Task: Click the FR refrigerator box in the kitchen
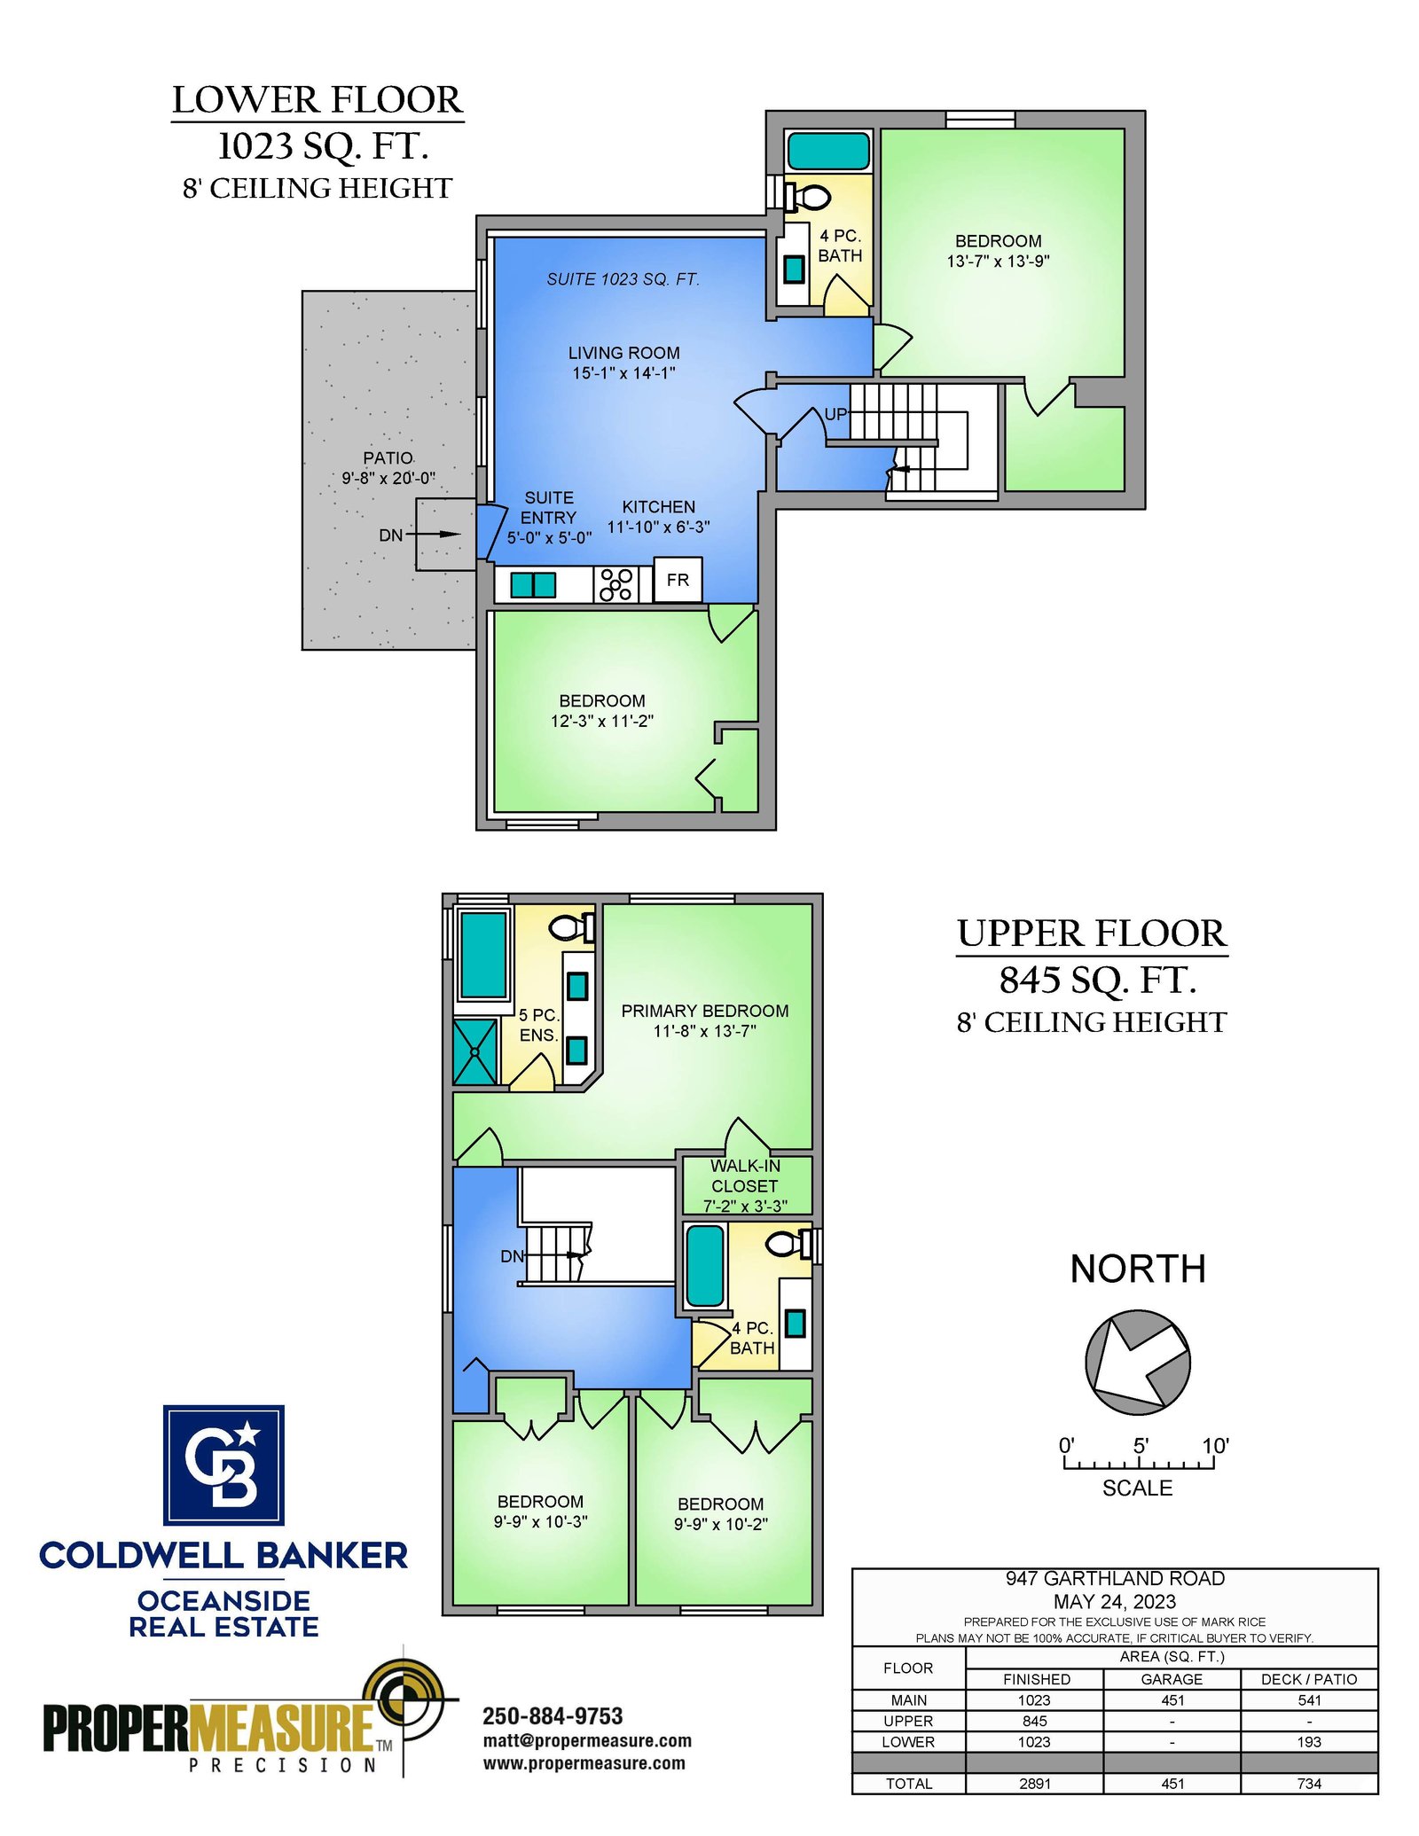[678, 580]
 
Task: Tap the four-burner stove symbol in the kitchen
[615, 584]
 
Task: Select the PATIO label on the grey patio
[388, 457]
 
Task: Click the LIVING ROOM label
[623, 353]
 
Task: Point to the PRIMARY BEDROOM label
[705, 1011]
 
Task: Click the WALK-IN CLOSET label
[745, 1176]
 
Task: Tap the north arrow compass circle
[1138, 1363]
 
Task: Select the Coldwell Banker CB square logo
[223, 1465]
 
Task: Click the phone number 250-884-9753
[553, 1715]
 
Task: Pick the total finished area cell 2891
[1034, 1783]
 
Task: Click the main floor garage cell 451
[1172, 1699]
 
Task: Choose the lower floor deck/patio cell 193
[1309, 1741]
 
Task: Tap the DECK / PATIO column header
[1309, 1679]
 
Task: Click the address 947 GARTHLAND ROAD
[1115, 1578]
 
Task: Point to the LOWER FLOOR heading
[318, 100]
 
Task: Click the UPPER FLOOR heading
[1092, 934]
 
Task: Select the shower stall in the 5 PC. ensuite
[475, 1052]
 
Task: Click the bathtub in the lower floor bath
[828, 151]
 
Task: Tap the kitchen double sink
[533, 585]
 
